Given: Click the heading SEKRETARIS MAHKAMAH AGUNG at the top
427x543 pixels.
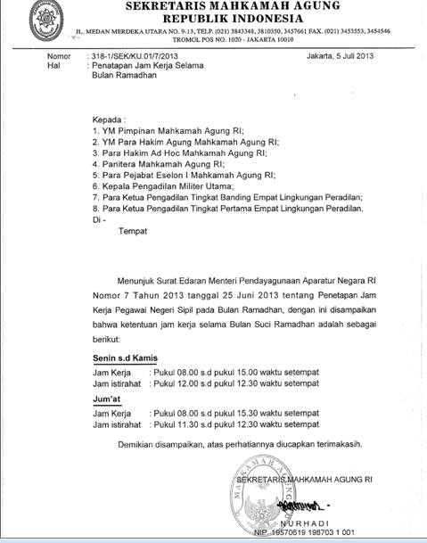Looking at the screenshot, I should point(238,7).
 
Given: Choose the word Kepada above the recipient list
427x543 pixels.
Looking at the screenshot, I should point(111,119).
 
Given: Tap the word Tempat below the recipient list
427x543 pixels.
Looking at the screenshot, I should point(134,230).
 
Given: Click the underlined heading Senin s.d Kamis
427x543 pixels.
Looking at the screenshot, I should point(125,358).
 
